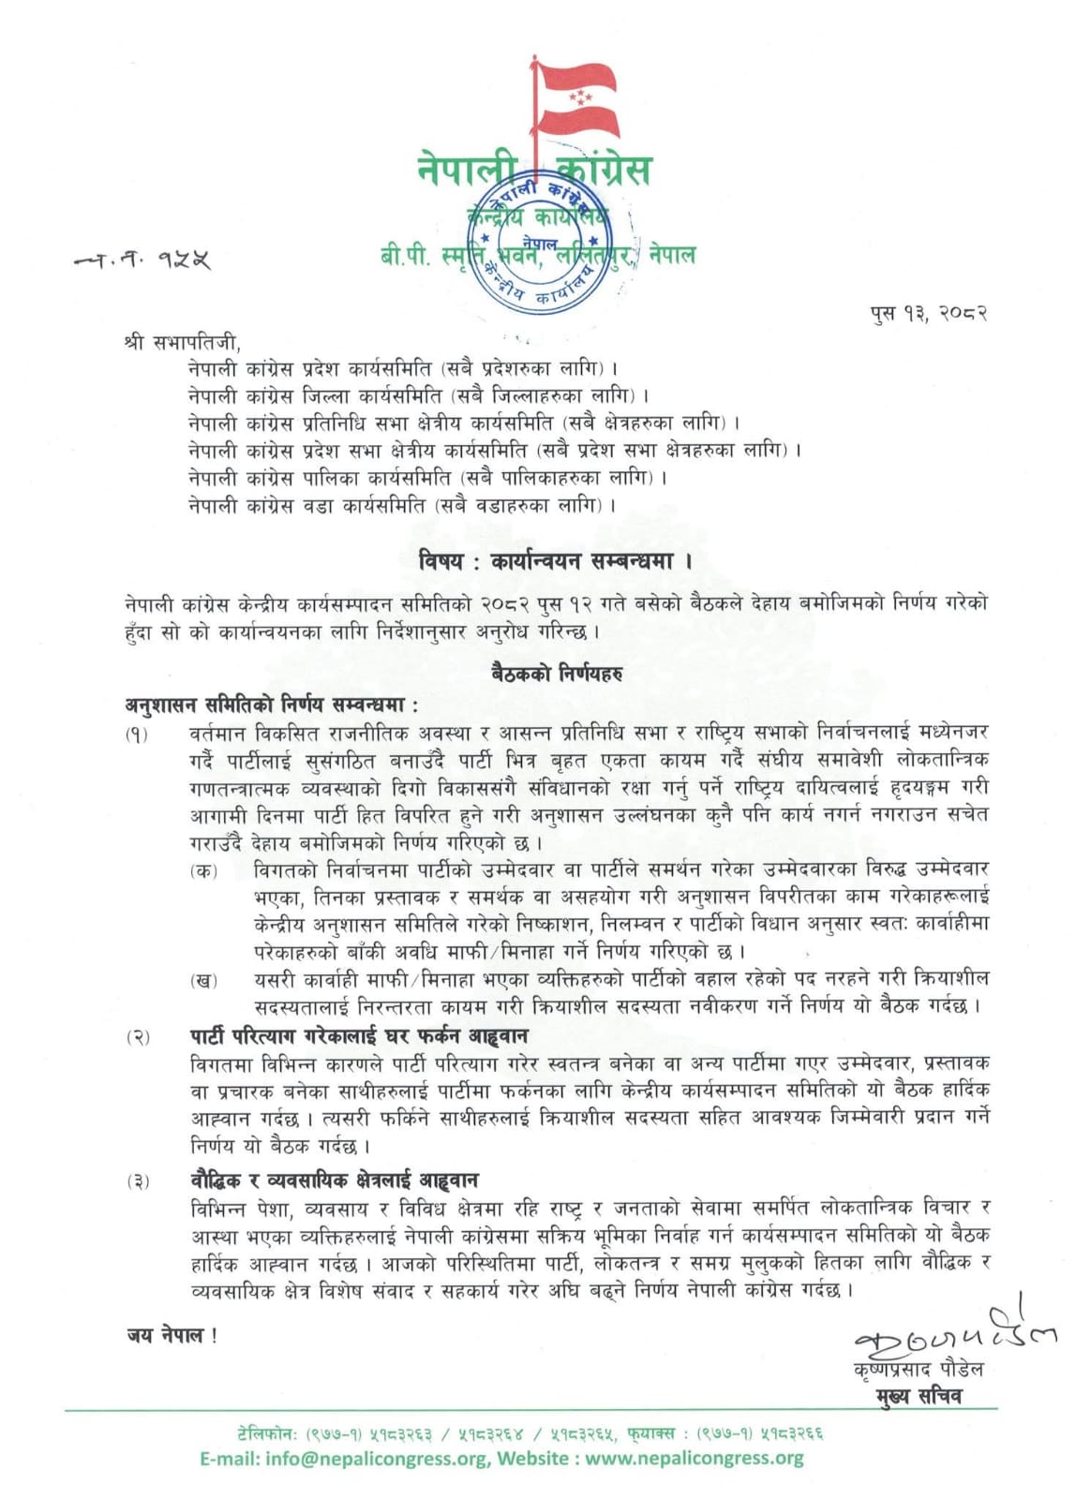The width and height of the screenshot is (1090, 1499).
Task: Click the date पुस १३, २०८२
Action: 928,312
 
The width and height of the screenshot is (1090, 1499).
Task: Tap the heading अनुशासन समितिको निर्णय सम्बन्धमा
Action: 273,705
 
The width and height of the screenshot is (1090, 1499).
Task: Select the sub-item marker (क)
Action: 203,870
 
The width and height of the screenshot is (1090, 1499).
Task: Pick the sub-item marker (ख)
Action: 203,980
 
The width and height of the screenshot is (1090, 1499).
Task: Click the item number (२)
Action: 138,1037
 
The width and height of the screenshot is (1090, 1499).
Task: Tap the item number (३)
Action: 138,1181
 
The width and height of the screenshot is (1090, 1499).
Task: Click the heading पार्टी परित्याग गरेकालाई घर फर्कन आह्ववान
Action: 358,1036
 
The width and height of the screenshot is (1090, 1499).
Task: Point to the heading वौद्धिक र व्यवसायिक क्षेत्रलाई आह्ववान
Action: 348,1180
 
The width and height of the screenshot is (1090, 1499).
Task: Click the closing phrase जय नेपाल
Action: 172,1335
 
